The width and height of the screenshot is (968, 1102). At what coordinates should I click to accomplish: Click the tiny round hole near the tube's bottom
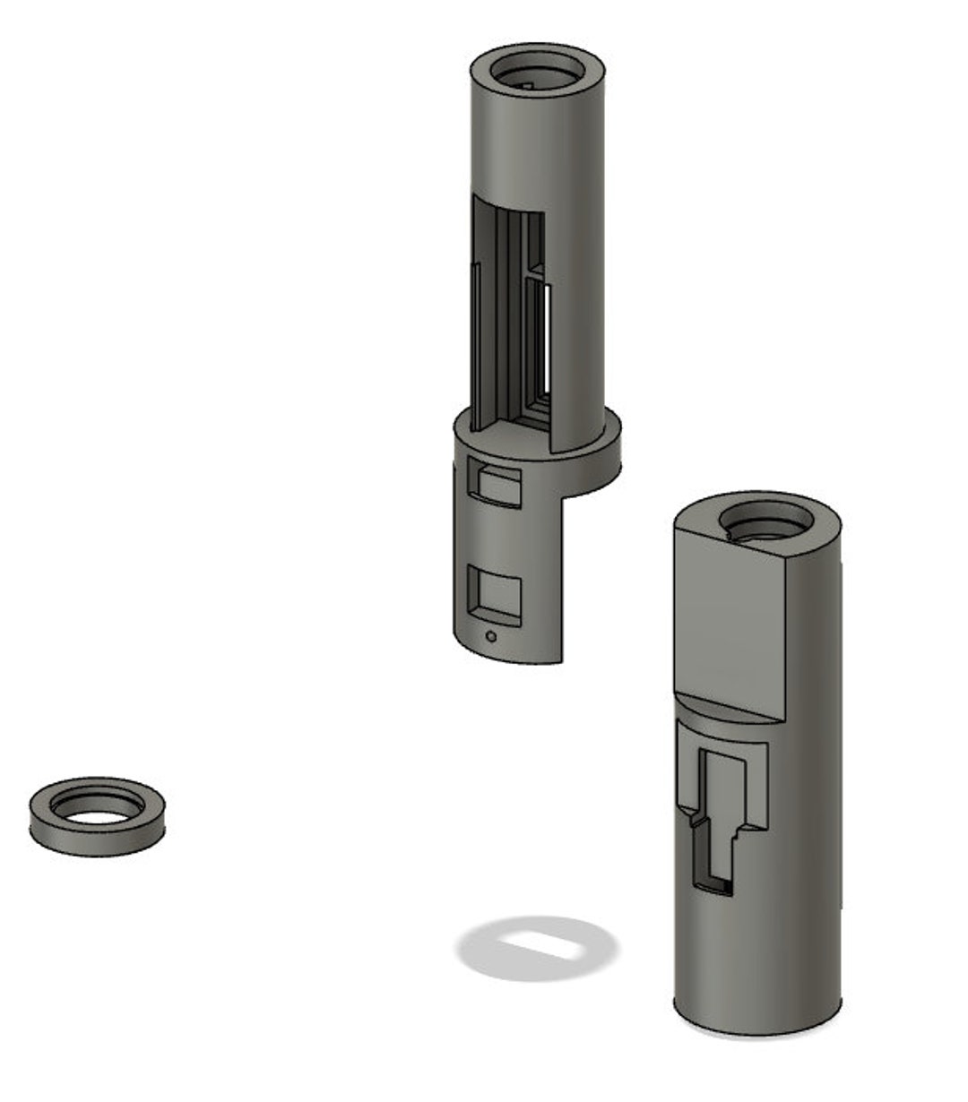(489, 637)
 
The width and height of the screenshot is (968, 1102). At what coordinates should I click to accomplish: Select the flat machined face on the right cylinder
(728, 618)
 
